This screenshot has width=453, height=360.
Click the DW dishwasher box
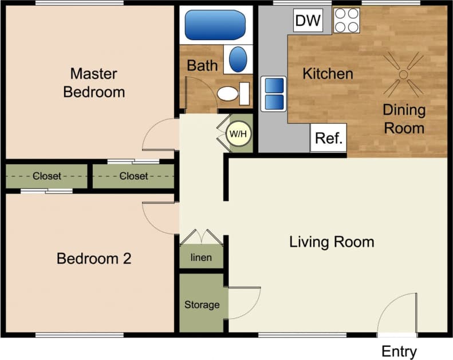[308, 21]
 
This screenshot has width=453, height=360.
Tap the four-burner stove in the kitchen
[346, 21]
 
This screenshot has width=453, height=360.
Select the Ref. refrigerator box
[328, 138]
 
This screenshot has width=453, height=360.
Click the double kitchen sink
[273, 93]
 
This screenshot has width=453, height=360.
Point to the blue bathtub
[215, 25]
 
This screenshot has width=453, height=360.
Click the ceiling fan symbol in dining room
[404, 74]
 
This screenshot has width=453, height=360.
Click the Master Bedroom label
[94, 82]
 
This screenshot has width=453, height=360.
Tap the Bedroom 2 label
[94, 259]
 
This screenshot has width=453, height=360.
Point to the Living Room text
[332, 242]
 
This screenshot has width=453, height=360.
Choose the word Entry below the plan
[399, 351]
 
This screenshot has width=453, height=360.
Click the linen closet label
[201, 258]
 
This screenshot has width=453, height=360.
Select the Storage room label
[202, 304]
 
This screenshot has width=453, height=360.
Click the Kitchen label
[328, 73]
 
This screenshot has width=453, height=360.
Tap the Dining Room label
[404, 118]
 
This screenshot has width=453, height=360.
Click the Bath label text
[202, 65]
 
